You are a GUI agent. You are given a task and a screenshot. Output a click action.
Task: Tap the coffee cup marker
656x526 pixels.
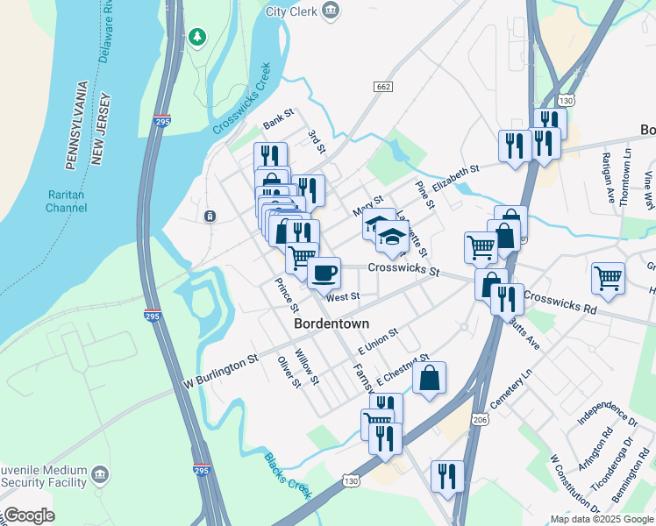(x=324, y=271)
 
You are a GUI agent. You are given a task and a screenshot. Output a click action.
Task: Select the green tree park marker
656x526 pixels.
(x=197, y=37)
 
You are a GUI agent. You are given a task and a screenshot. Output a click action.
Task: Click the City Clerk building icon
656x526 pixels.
(x=331, y=11)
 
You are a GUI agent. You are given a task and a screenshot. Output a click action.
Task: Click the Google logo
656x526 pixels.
(x=29, y=515)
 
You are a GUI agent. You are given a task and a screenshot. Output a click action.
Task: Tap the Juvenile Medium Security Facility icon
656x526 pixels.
(x=101, y=474)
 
